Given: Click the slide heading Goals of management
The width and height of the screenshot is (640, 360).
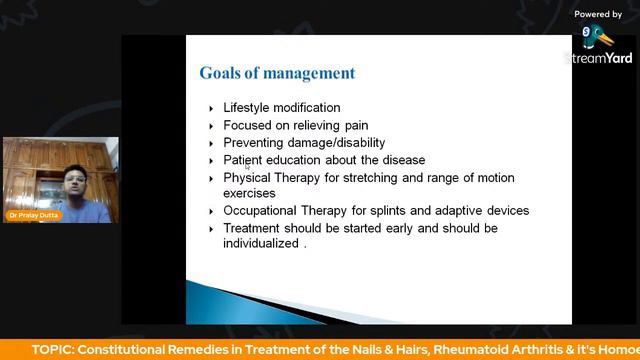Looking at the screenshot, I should (x=277, y=73).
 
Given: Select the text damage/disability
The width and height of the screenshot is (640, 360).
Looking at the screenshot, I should (x=336, y=143).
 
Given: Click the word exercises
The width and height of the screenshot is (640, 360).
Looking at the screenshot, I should (x=250, y=193).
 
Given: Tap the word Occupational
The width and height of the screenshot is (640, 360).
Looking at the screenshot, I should (x=263, y=211).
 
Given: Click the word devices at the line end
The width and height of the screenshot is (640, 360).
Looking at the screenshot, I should (x=504, y=211).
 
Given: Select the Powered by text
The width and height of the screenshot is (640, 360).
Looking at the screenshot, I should (x=598, y=14).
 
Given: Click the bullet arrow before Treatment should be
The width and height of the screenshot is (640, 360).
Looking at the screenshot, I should (x=211, y=229).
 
